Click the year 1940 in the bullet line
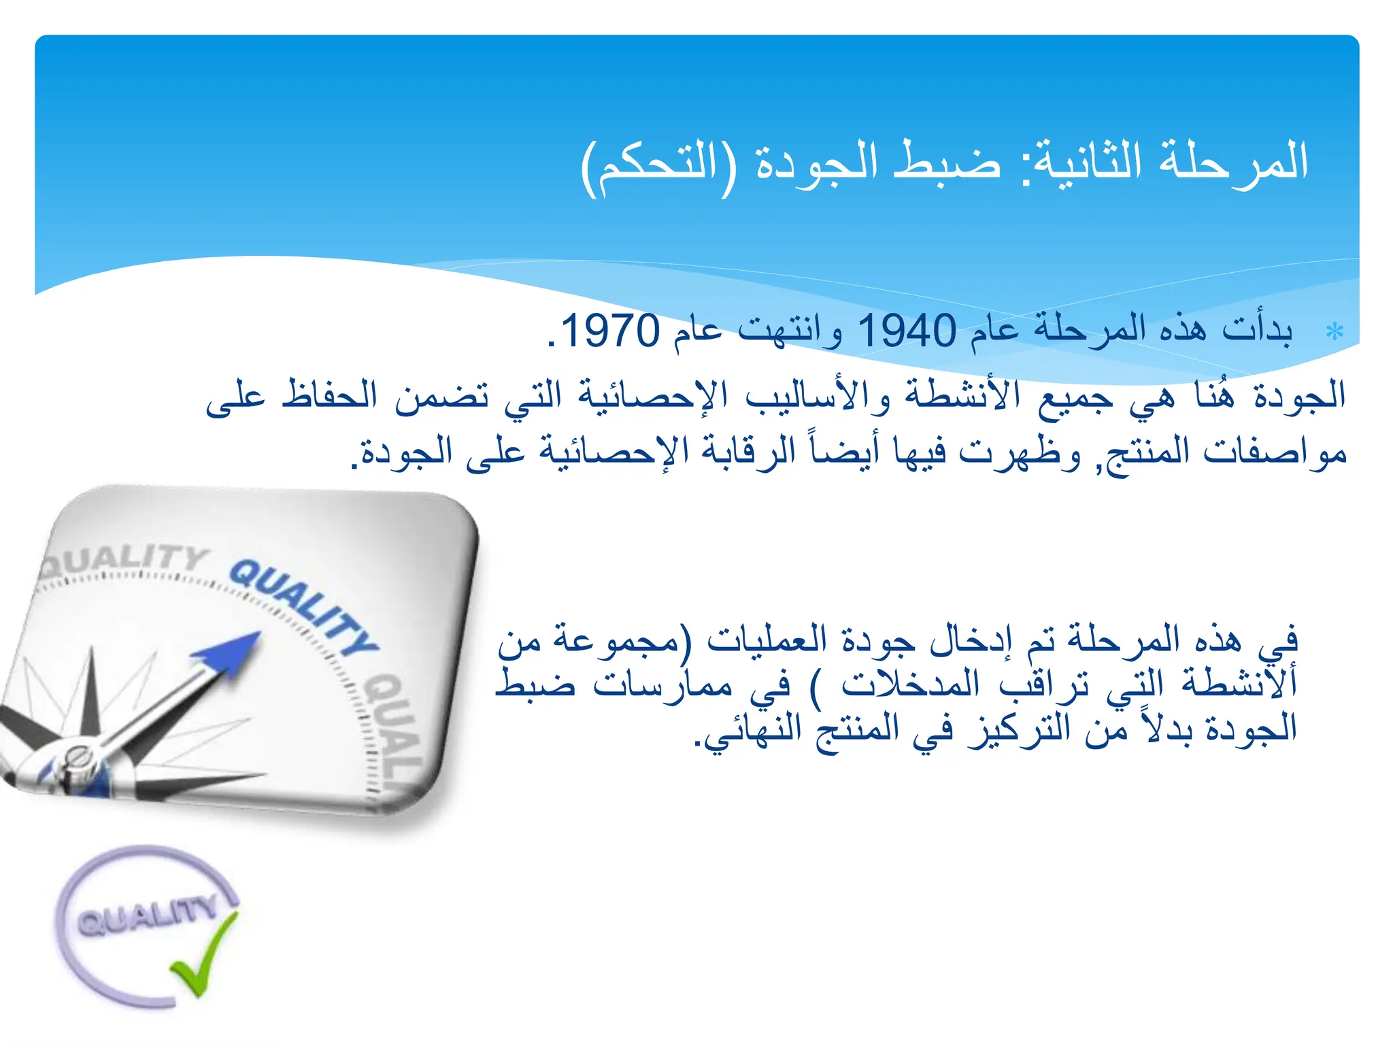[906, 331]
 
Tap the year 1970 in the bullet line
[609, 331]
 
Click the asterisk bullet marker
[1335, 332]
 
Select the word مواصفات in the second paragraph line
[1275, 452]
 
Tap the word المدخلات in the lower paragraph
[910, 684]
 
